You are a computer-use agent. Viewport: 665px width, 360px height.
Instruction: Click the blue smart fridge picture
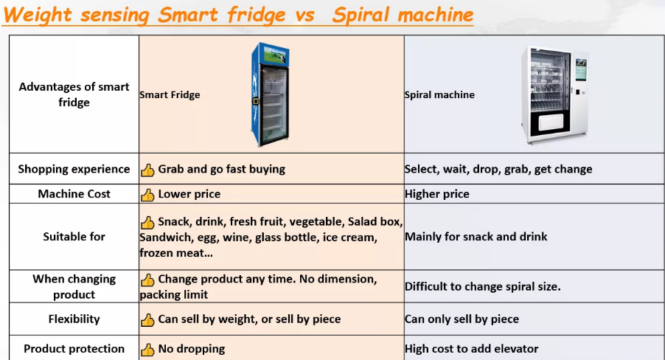pos(271,94)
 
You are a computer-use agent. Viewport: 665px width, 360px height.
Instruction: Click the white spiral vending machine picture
pos(555,94)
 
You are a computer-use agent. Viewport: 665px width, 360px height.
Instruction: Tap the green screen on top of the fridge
pos(275,55)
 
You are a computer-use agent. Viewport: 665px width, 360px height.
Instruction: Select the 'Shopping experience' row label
pos(74,169)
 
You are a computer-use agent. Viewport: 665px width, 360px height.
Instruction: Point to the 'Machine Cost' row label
pos(74,193)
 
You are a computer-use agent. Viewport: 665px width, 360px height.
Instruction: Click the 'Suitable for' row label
pos(74,237)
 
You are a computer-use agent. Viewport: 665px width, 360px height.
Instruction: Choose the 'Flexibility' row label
pos(74,319)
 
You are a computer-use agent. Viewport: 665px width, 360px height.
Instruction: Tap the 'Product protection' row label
pos(74,348)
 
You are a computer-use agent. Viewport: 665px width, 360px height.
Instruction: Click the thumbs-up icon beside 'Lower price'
pos(147,195)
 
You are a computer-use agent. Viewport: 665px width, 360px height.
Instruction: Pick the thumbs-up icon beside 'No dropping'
pos(147,350)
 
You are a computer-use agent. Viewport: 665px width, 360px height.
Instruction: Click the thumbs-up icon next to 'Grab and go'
pos(147,170)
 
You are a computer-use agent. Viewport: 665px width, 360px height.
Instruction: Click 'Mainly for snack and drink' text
pos(476,237)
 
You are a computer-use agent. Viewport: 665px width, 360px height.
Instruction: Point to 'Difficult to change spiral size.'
pos(483,286)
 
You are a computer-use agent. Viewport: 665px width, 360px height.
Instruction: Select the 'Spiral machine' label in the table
pos(439,94)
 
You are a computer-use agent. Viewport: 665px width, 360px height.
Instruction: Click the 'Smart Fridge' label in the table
pos(170,94)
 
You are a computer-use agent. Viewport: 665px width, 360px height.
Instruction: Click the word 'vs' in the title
pos(305,15)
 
